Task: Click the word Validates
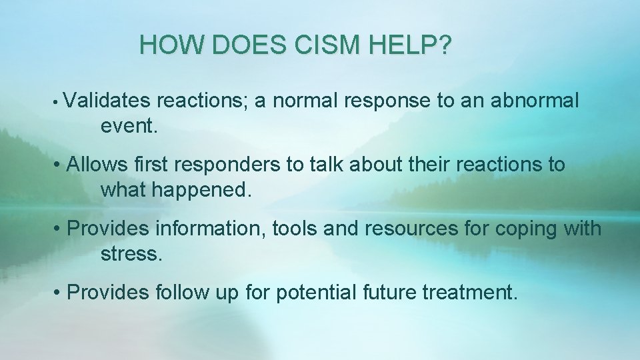pos(109,101)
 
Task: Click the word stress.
pos(131,254)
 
